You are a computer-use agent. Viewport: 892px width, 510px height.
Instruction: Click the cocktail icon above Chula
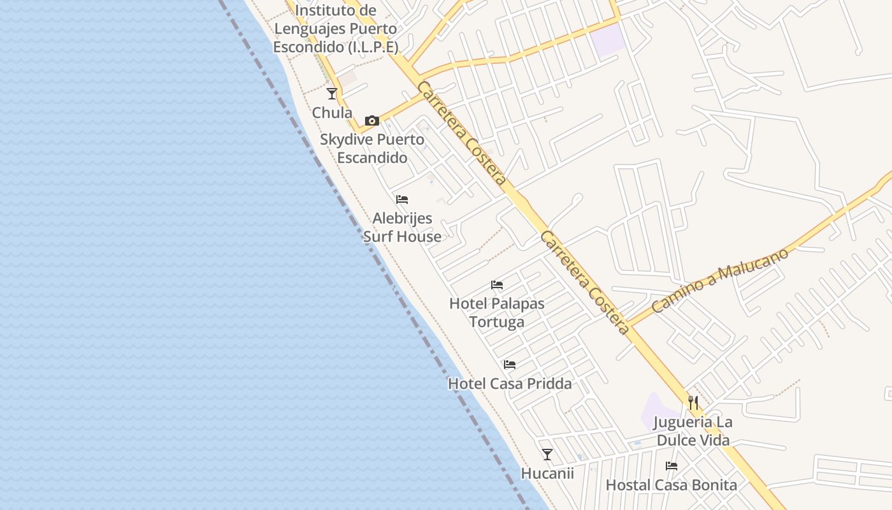point(332,94)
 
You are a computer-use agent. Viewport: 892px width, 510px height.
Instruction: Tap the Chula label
point(332,113)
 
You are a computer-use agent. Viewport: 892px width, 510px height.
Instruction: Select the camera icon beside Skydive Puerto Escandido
point(372,120)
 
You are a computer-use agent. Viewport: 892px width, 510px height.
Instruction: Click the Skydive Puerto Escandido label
point(372,149)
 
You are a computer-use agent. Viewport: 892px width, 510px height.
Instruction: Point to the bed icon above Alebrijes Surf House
point(402,200)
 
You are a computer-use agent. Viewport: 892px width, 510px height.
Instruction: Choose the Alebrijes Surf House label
point(402,228)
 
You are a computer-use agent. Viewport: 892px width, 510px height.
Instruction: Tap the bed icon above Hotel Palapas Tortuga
point(497,285)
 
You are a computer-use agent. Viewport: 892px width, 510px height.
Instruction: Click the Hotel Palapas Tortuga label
point(497,312)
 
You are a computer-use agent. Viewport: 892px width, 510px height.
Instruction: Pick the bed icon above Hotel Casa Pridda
point(510,365)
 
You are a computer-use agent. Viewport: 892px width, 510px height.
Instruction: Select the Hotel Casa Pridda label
point(510,384)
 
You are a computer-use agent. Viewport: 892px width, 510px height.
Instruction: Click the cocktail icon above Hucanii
point(547,455)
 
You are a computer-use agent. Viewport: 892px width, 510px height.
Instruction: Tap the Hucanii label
point(547,474)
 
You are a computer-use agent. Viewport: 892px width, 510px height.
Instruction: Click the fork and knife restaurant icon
point(693,403)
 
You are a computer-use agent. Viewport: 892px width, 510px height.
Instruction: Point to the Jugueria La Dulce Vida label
point(693,431)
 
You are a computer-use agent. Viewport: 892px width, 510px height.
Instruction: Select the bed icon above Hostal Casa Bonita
point(672,466)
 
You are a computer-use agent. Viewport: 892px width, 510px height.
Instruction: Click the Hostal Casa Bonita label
point(672,485)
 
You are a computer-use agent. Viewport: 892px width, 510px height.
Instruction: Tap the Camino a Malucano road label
point(720,280)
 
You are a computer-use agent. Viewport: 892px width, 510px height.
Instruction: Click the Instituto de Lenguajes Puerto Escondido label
point(336,29)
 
